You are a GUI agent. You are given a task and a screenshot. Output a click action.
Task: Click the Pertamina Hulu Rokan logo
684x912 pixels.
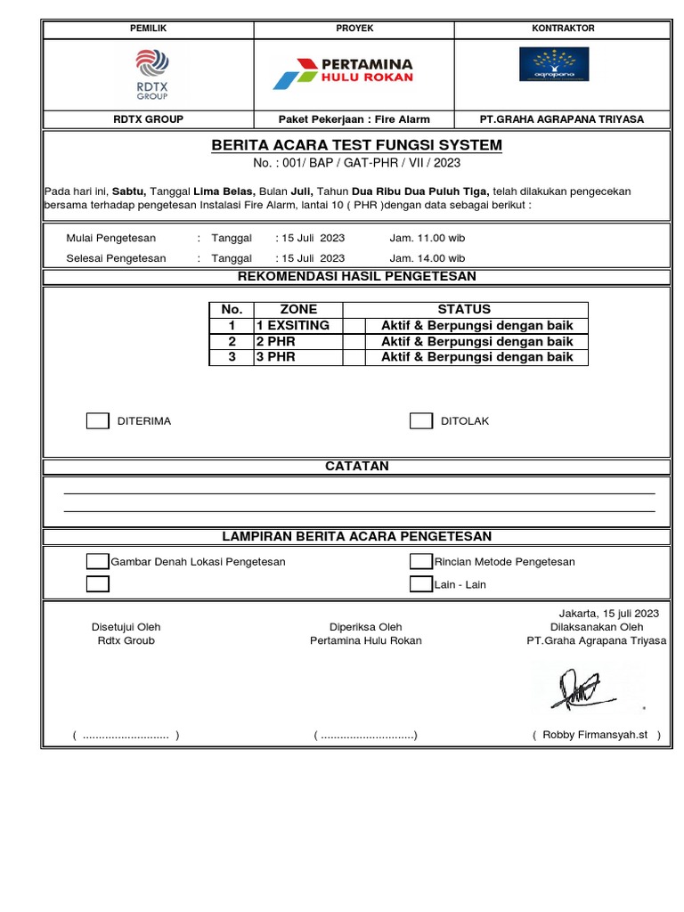click(343, 71)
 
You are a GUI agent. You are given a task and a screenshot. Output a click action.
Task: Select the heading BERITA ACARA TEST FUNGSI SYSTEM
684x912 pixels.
click(356, 145)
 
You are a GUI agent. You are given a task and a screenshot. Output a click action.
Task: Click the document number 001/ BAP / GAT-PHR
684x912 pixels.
click(356, 164)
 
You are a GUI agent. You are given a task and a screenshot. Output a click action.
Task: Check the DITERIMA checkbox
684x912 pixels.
click(97, 421)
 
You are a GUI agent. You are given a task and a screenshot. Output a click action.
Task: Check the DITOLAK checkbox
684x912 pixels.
click(421, 421)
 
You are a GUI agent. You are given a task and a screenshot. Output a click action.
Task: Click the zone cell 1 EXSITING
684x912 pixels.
click(293, 325)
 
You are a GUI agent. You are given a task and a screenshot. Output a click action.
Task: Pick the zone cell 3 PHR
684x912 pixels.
click(276, 357)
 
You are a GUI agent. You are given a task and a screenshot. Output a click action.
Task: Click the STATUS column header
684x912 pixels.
click(464, 309)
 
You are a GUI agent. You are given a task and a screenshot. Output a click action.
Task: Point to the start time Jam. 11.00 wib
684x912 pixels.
click(427, 238)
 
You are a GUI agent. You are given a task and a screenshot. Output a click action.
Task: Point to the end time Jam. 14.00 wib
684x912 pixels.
click(427, 258)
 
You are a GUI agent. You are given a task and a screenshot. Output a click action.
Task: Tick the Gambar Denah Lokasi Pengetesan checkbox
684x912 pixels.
click(97, 561)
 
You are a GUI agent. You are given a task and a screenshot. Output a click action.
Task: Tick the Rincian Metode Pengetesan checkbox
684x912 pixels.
click(421, 561)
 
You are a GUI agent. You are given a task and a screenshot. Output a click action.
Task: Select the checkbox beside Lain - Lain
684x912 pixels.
click(421, 584)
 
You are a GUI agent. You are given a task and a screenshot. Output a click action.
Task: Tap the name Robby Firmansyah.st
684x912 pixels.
click(596, 736)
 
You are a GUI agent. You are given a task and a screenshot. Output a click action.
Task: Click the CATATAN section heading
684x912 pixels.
click(356, 467)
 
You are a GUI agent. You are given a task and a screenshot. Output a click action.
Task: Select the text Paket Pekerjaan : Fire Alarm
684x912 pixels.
click(354, 119)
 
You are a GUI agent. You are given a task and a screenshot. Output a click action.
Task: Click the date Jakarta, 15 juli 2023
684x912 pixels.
click(608, 613)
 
